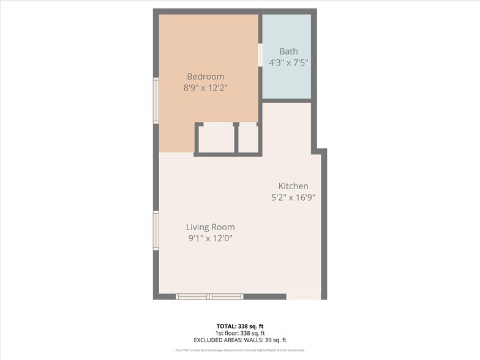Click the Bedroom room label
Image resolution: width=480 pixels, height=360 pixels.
pyautogui.click(x=205, y=77)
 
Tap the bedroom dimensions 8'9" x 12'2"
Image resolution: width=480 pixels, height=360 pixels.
pyautogui.click(x=205, y=88)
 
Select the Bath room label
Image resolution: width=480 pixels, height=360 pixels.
pyautogui.click(x=289, y=51)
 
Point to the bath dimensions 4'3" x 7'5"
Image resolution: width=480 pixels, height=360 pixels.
pyautogui.click(x=289, y=62)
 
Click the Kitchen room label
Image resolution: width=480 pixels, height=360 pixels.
pyautogui.click(x=293, y=186)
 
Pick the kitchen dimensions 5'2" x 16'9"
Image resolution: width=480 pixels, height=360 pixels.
pyautogui.click(x=293, y=197)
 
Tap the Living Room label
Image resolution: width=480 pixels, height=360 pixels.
pyautogui.click(x=210, y=227)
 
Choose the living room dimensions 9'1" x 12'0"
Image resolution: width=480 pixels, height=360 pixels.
pyautogui.click(x=210, y=238)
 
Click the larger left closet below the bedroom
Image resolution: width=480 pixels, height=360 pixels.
pyautogui.click(x=216, y=138)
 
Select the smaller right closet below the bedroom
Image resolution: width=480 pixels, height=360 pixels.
pyautogui.click(x=248, y=138)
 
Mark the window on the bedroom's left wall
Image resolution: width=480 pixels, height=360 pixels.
pyautogui.click(x=156, y=100)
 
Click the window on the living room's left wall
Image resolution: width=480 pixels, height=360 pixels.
pyautogui.click(x=156, y=231)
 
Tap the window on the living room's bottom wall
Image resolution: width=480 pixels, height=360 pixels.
pyautogui.click(x=209, y=297)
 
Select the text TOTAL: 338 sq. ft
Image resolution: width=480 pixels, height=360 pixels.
pyautogui.click(x=240, y=326)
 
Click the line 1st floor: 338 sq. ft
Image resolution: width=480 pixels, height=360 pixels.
pyautogui.click(x=240, y=333)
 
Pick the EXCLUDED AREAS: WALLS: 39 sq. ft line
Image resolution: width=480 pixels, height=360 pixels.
pyautogui.click(x=240, y=340)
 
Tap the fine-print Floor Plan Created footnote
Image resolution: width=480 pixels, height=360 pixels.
pyautogui.click(x=240, y=350)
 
